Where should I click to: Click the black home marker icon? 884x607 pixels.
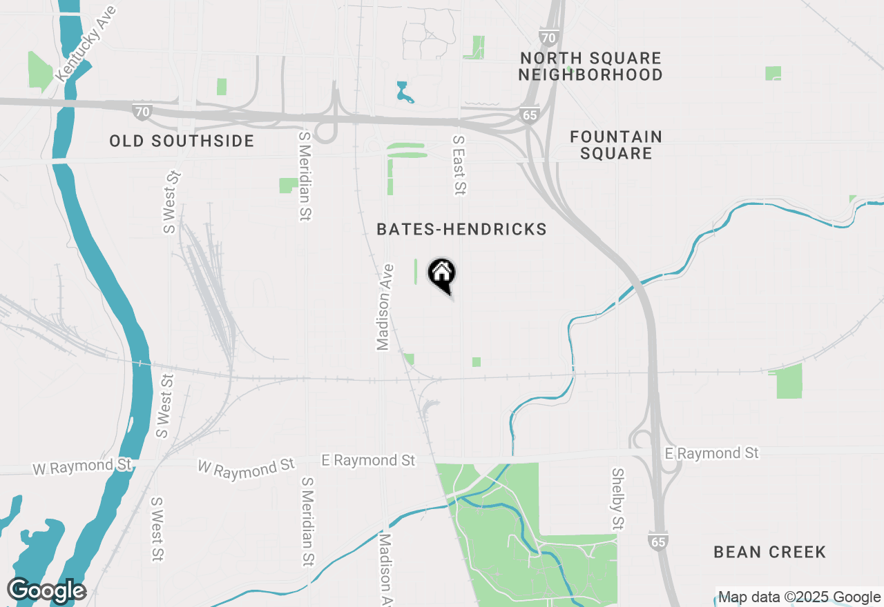coord(442,274)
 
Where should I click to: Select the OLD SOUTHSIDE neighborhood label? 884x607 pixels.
coord(182,141)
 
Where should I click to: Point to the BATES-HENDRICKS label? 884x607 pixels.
coord(461,230)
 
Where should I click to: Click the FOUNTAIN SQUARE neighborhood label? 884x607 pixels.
coord(616,145)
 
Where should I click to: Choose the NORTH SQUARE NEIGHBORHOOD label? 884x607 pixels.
coord(590,66)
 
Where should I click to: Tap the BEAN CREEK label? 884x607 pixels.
coord(769,552)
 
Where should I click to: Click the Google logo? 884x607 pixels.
coord(46,590)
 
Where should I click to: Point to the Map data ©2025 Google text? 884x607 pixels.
coord(799,597)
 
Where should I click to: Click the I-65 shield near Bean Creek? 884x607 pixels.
coord(658,541)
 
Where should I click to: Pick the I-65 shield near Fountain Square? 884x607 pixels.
coord(530,115)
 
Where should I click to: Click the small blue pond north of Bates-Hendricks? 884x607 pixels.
coord(403,92)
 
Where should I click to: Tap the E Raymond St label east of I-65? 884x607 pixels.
coord(711,453)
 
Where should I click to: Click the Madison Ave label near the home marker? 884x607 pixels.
coord(384,306)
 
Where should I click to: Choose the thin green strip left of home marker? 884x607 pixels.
coord(416,271)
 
